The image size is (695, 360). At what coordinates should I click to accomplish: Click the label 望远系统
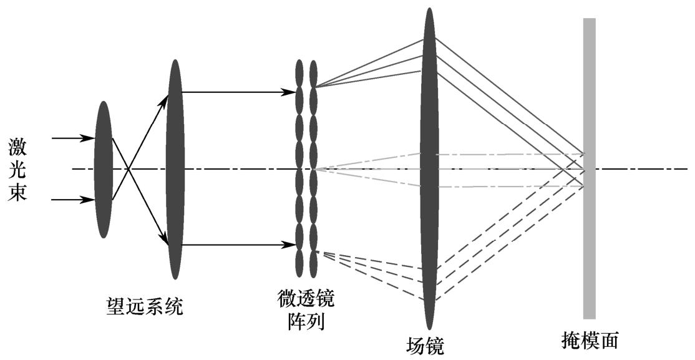point(144,306)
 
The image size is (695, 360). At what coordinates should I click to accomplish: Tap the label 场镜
point(425,344)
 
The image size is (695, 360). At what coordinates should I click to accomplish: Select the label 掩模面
point(590,340)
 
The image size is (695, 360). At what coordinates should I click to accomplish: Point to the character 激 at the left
point(17,148)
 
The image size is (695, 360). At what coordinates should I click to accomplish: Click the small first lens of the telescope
point(104,169)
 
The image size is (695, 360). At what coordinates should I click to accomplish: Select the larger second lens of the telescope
point(175,169)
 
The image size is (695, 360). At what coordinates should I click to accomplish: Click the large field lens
point(429,168)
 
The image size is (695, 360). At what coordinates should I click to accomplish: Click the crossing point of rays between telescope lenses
point(128,169)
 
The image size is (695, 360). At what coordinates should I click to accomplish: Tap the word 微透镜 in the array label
point(306,300)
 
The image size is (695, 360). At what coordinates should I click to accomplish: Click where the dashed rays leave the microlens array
point(318,252)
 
